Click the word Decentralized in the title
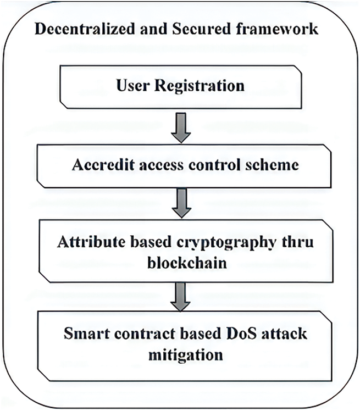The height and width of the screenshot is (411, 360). (77, 29)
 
